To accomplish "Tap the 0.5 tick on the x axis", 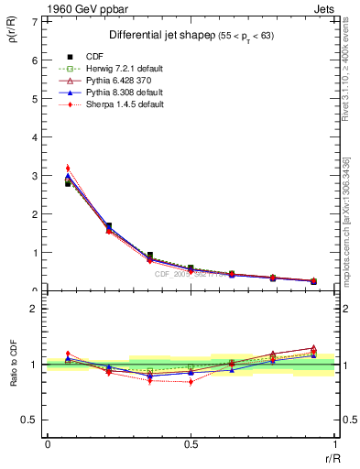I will [x=190, y=444].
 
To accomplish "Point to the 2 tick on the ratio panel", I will [x=36, y=309].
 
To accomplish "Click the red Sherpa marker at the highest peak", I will [x=68, y=168].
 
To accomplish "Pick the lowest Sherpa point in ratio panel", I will [x=191, y=382].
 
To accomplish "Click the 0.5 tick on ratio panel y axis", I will [x=33, y=420].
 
